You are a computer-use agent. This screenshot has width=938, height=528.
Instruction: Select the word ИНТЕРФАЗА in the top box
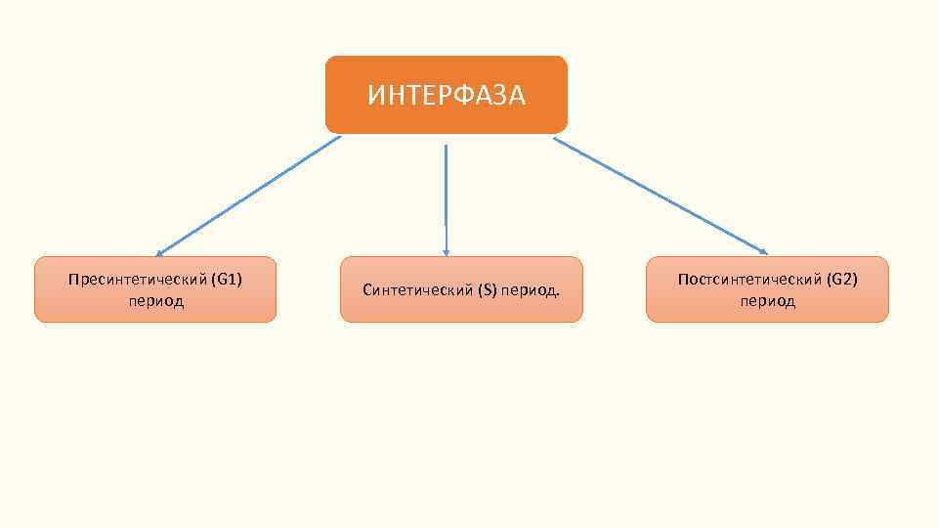(446, 95)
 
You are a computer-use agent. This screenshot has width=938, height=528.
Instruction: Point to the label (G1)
(226, 280)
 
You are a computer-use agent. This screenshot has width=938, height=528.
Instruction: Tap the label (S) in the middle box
(488, 290)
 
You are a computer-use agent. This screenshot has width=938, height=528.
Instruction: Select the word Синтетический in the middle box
(417, 290)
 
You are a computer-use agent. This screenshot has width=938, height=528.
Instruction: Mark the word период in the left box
(155, 301)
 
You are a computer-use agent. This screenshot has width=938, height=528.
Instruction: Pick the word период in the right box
(767, 301)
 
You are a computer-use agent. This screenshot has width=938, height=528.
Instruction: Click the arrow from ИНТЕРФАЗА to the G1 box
(249, 196)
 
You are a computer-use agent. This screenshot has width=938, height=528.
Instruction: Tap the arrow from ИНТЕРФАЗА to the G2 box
(660, 196)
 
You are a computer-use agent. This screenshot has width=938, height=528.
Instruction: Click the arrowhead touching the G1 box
(159, 252)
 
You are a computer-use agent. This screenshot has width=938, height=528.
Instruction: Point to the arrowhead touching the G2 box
(763, 251)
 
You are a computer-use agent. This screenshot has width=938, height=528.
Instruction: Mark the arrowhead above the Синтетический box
(446, 252)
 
